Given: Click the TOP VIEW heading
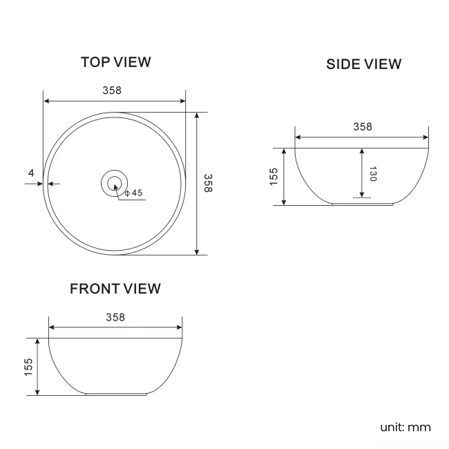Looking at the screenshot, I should click(x=115, y=62).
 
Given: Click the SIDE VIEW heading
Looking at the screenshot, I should click(x=363, y=64).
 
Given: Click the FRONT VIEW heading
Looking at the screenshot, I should click(x=115, y=289).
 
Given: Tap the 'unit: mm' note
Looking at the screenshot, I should click(x=405, y=427).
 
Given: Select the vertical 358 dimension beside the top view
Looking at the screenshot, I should click(x=207, y=183).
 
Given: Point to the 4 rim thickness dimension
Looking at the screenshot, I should click(x=31, y=173).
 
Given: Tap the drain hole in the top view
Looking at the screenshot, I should click(x=115, y=183).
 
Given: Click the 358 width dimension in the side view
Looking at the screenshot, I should click(x=362, y=126).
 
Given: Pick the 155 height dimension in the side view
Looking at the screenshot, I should click(x=274, y=176).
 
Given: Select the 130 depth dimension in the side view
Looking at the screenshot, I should click(x=373, y=173).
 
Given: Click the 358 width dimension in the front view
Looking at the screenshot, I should click(x=115, y=317).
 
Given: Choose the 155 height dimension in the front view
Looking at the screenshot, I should click(x=28, y=367).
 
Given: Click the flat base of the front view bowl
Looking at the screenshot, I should click(x=116, y=395).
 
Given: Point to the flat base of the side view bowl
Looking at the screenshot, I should click(x=362, y=204).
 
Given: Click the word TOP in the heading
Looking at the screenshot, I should click(x=95, y=62).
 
